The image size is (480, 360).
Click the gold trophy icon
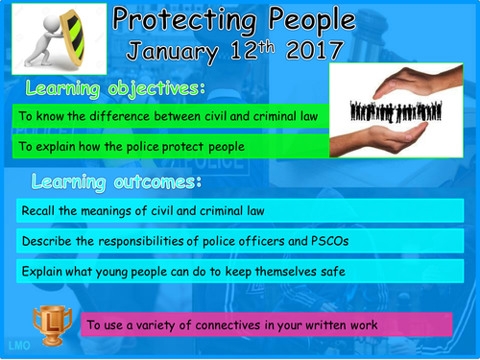tap(46, 320)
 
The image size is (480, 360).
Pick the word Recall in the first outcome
tap(37, 210)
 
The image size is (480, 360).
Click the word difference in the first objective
tap(120, 116)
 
